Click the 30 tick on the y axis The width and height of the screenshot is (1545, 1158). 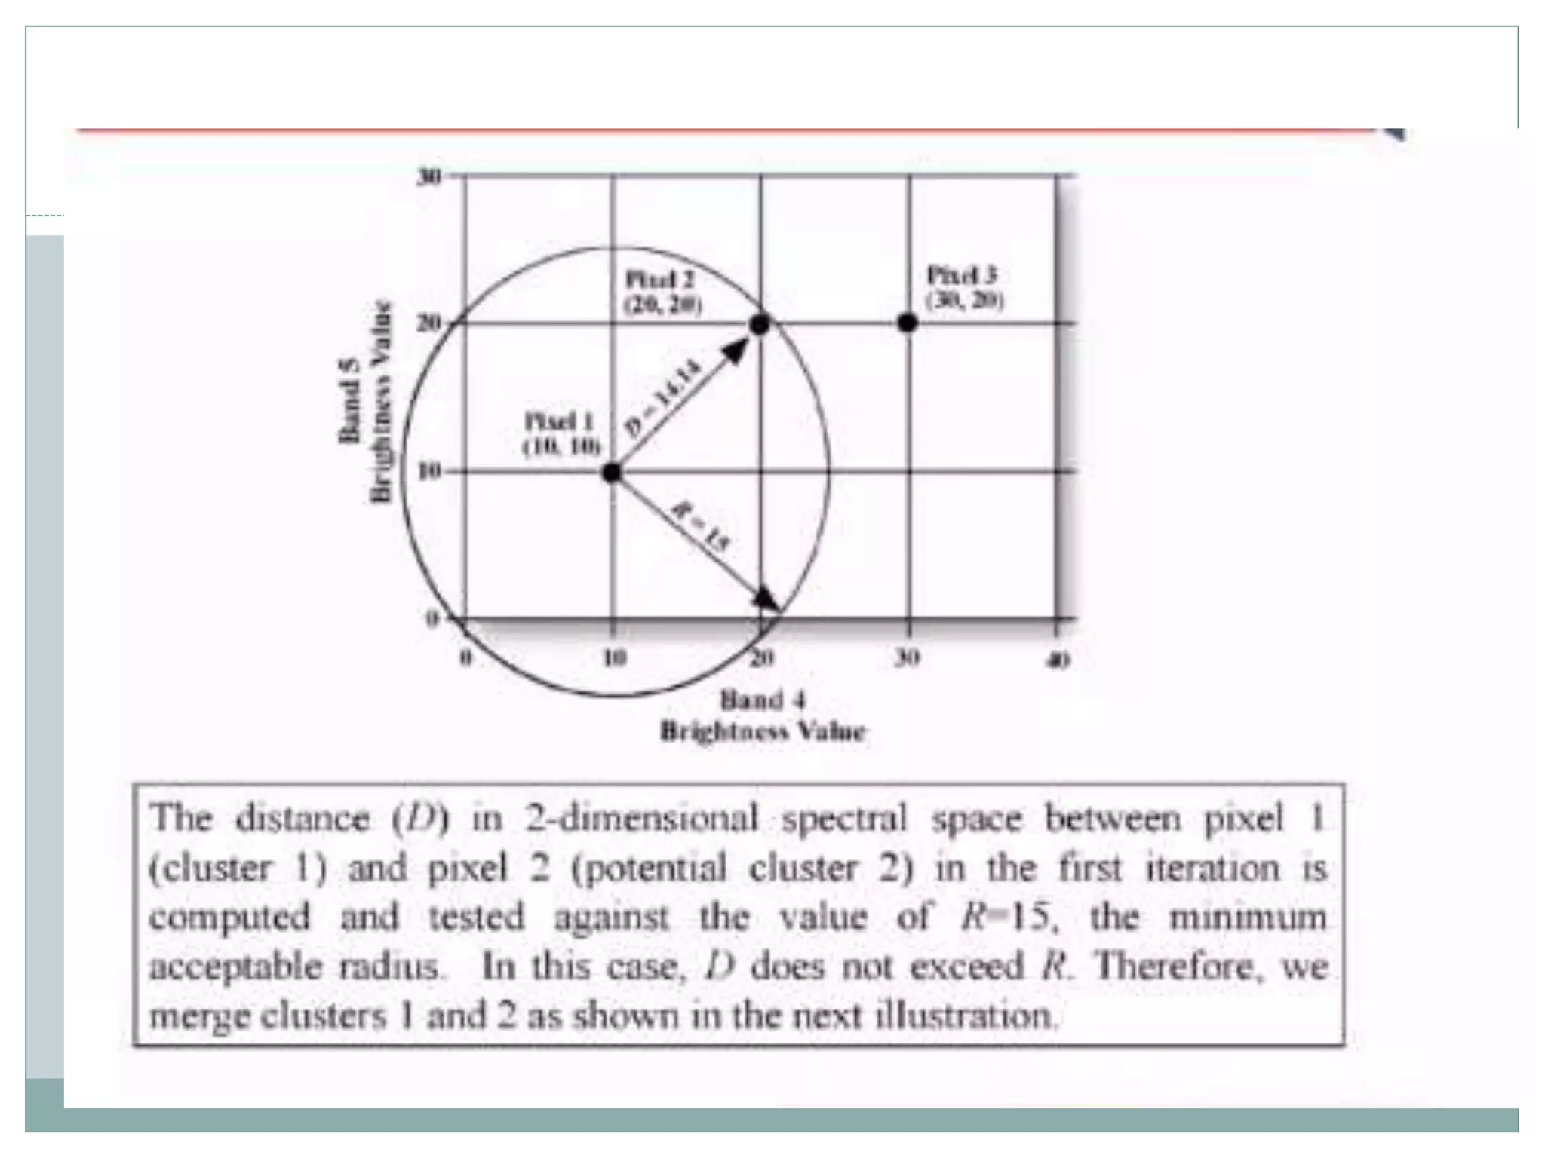click(x=428, y=176)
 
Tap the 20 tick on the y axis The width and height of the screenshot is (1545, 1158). click(x=428, y=323)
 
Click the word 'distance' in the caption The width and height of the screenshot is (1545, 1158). click(x=303, y=819)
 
